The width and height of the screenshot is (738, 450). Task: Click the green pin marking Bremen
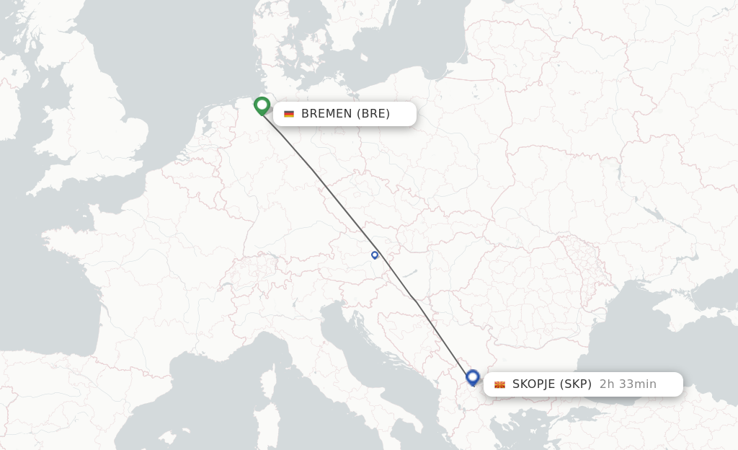pyautogui.click(x=262, y=105)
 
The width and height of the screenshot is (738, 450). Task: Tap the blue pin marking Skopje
pyautogui.click(x=473, y=376)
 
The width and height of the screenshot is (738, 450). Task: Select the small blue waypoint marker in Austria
pyautogui.click(x=375, y=255)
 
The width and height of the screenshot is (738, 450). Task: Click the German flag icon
pyautogui.click(x=289, y=114)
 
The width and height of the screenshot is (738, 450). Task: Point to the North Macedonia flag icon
pyautogui.click(x=499, y=384)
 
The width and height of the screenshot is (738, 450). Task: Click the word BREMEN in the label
pyautogui.click(x=327, y=113)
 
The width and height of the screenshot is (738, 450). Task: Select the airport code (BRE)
pyautogui.click(x=374, y=113)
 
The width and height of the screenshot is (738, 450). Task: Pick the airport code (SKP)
pyautogui.click(x=575, y=384)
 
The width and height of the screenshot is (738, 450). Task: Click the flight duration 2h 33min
pyautogui.click(x=628, y=384)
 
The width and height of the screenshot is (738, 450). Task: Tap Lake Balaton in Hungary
pyautogui.click(x=408, y=274)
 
